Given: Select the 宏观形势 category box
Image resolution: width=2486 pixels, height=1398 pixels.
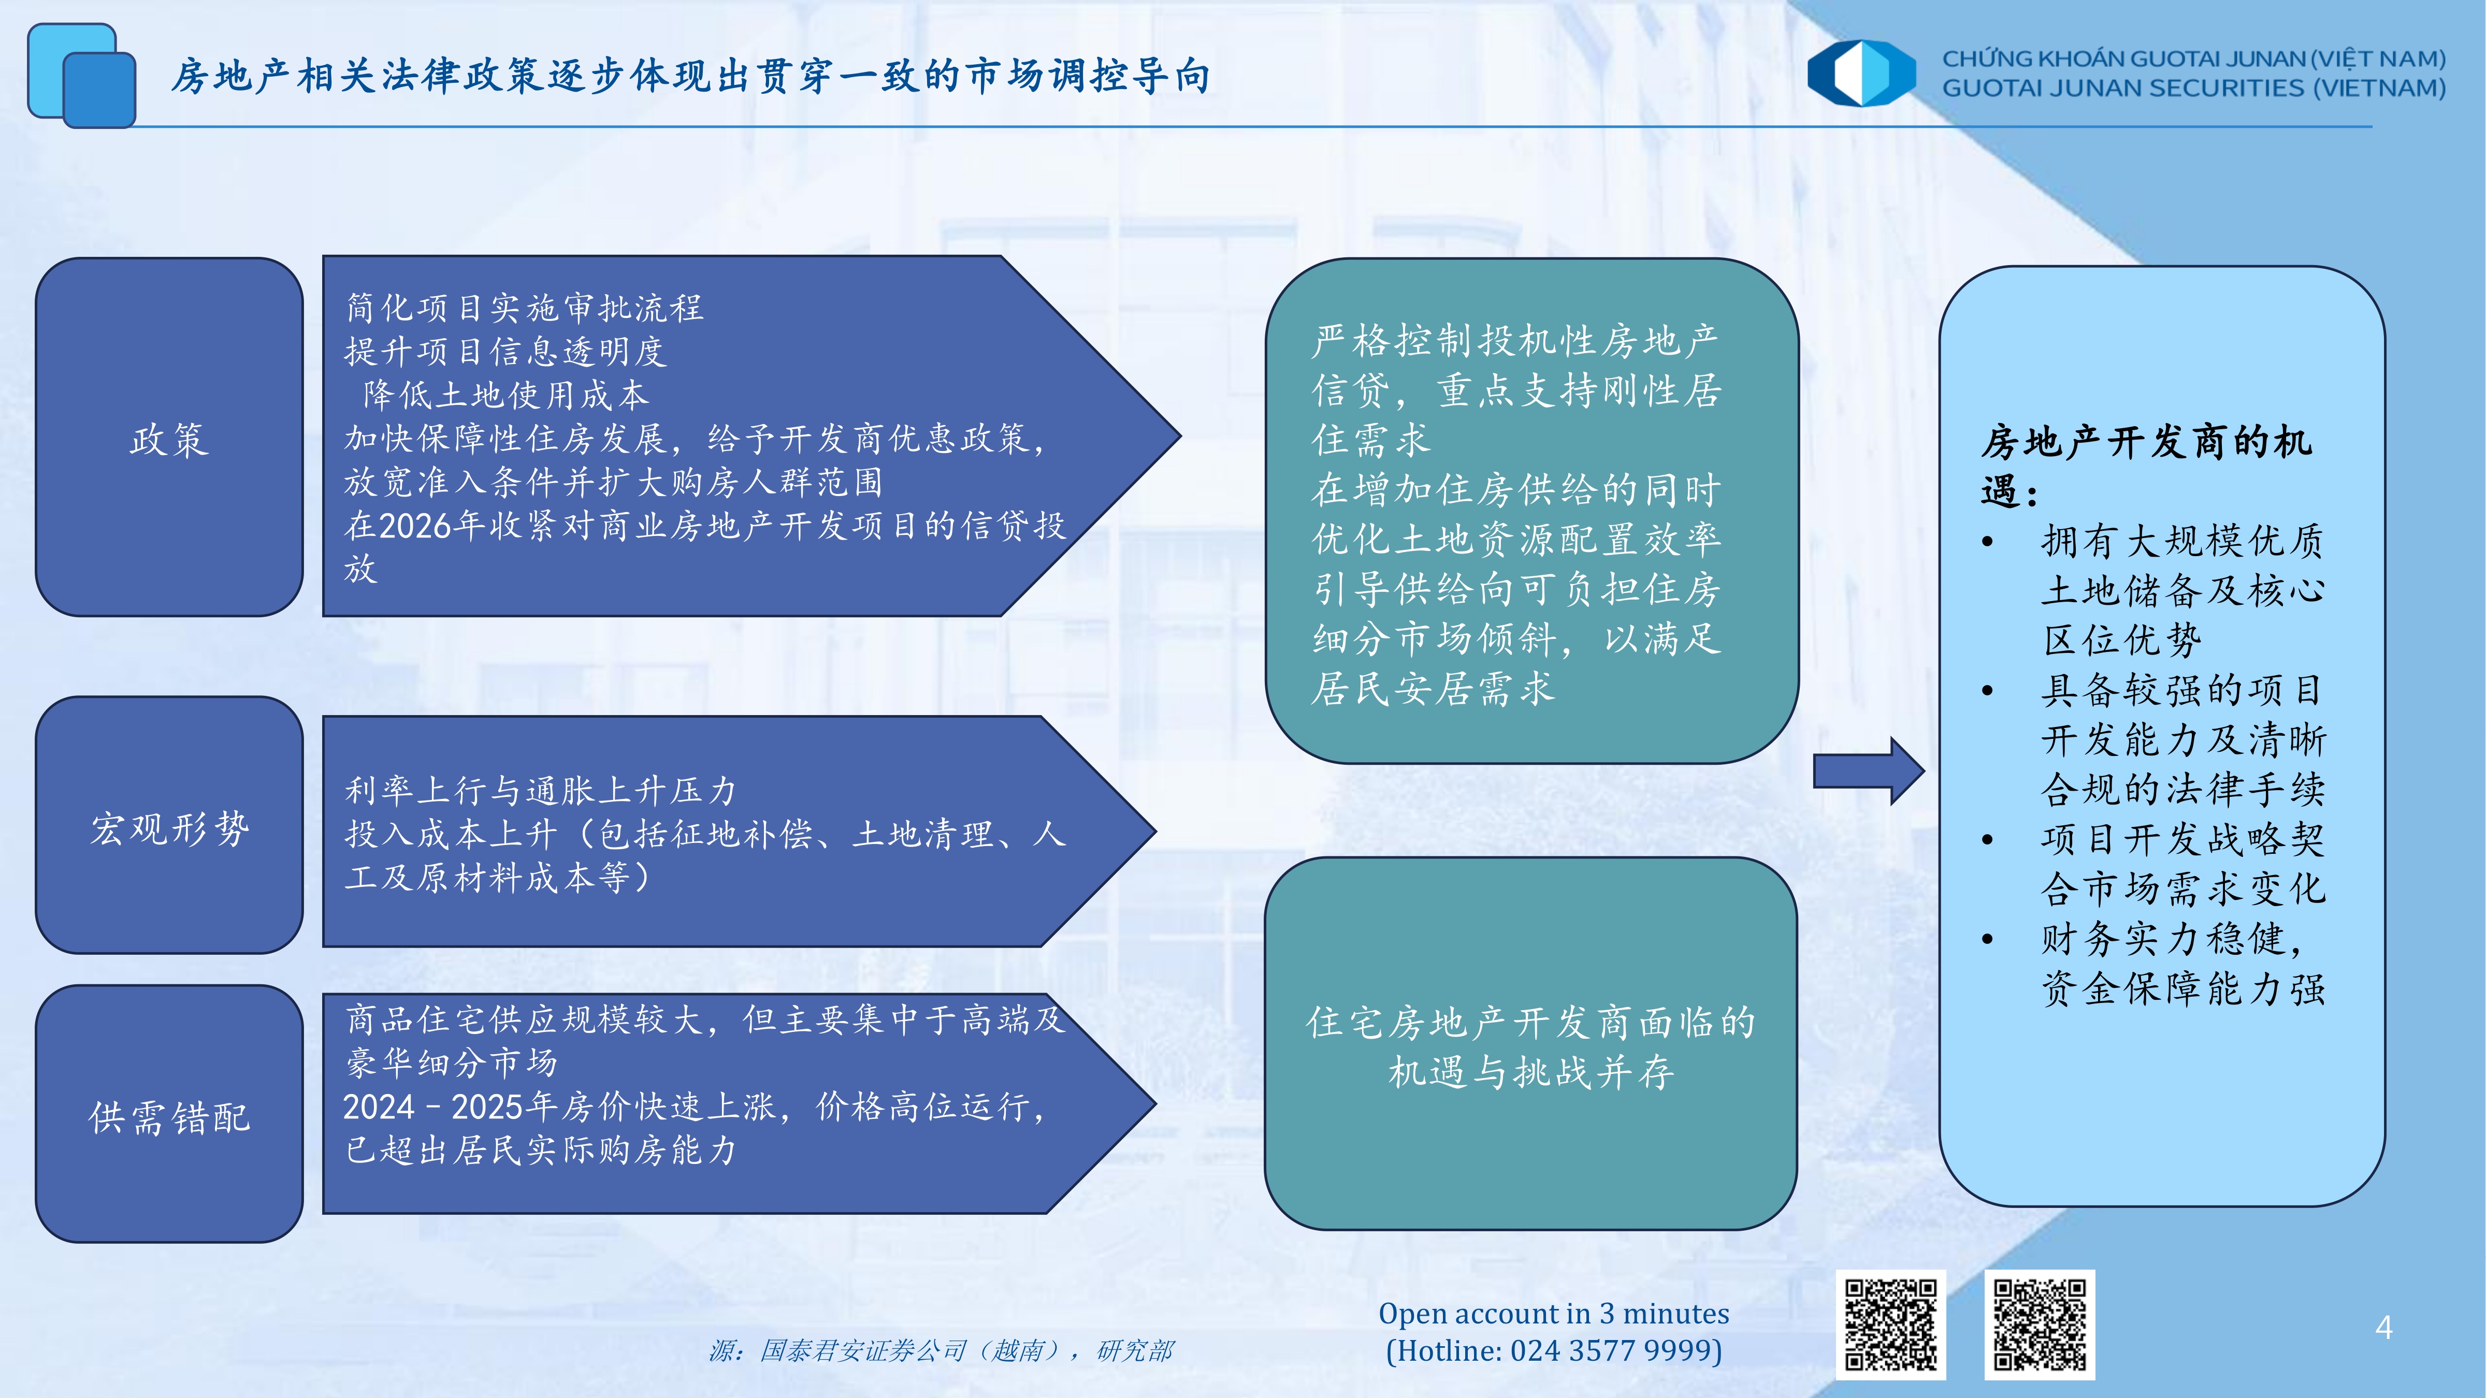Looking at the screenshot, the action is point(169,825).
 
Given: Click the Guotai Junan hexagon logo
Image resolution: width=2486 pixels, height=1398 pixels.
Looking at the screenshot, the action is point(1861,72).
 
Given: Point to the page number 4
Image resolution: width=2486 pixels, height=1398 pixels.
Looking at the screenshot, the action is point(2383,1329).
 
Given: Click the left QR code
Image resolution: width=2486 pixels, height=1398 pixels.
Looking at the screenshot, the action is point(1890,1324).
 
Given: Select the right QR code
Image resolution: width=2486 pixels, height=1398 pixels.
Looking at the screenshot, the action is point(2039,1324).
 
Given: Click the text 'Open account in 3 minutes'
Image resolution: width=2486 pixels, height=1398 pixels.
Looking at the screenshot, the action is point(1554,1313).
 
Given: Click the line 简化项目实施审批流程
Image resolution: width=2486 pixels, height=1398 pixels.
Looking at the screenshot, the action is point(525,308).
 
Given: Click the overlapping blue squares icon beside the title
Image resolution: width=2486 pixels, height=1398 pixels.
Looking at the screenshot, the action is point(81,75).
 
